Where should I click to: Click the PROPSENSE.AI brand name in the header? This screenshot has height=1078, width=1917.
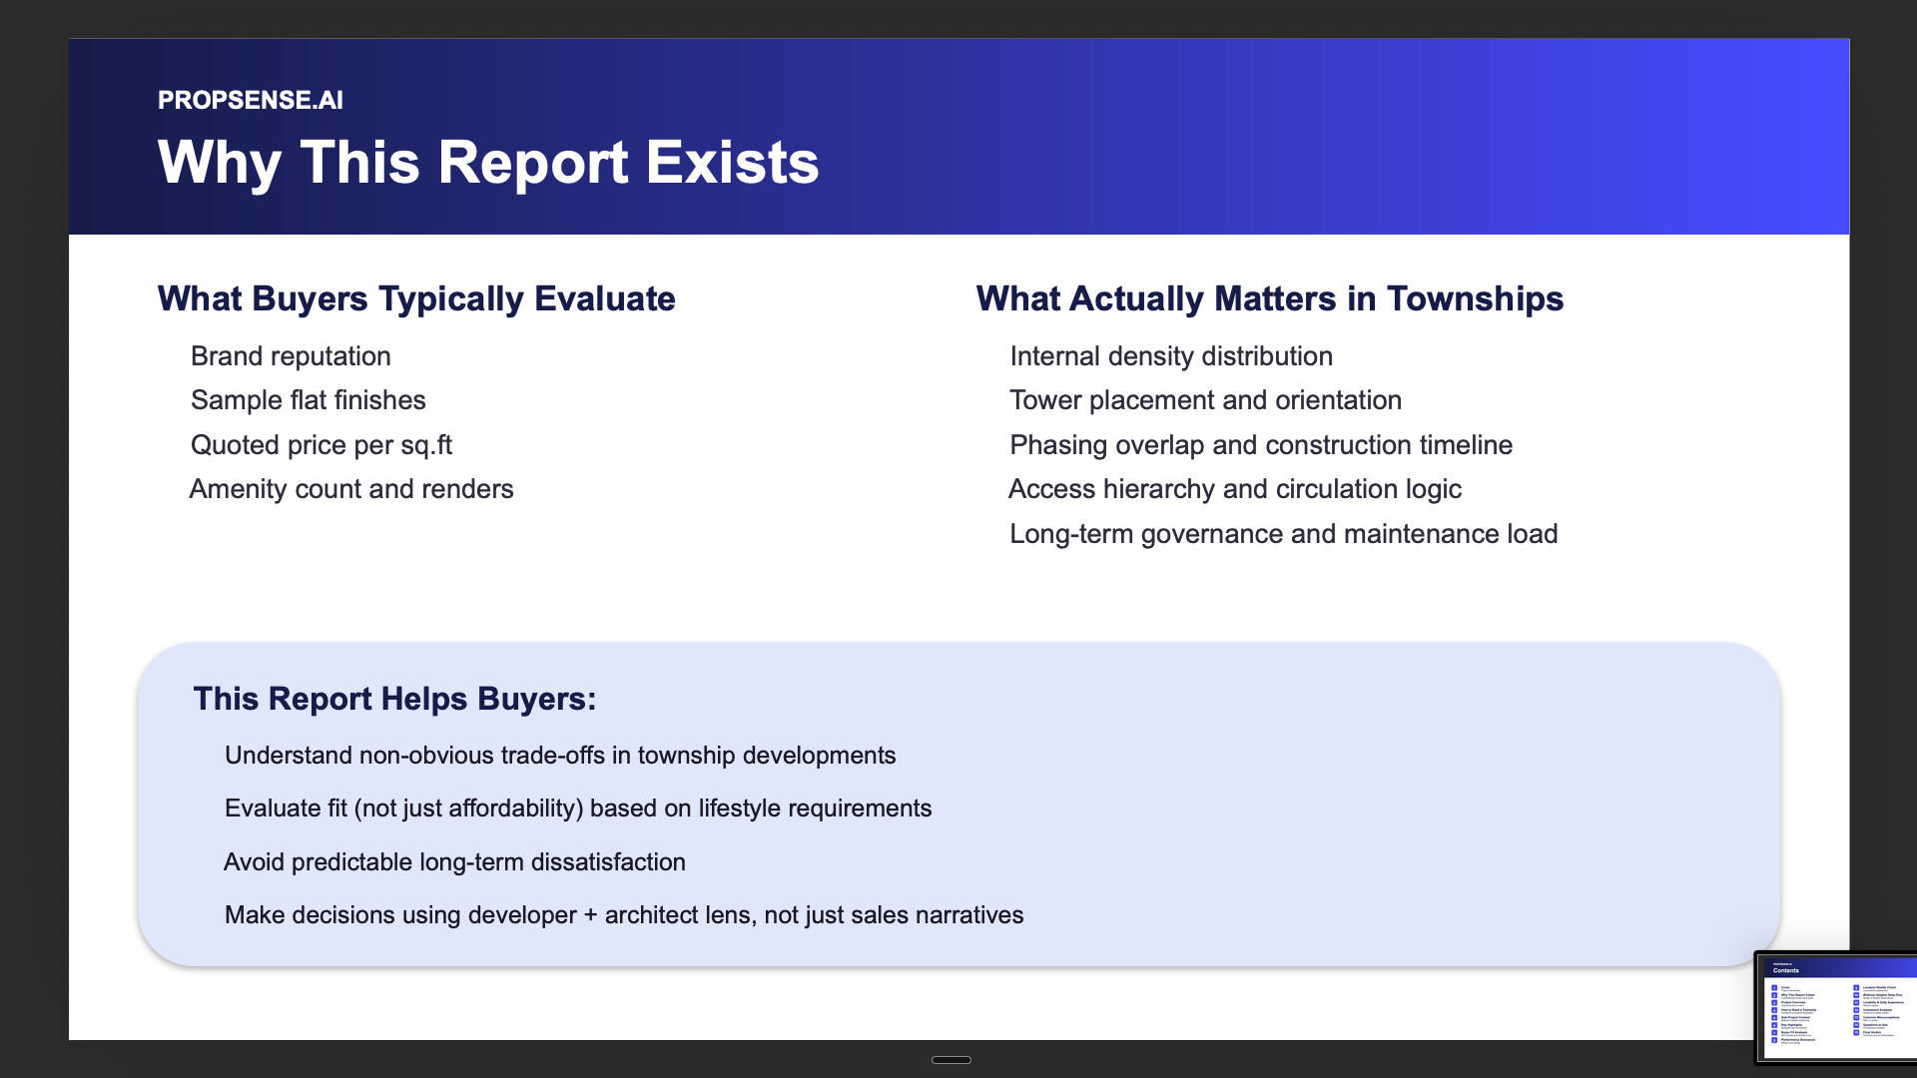[x=250, y=100]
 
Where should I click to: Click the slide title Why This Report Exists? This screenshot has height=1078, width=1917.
[x=487, y=163]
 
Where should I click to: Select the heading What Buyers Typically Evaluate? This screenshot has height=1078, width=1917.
[x=415, y=298]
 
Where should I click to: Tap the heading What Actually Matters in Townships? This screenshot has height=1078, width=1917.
[x=1269, y=298]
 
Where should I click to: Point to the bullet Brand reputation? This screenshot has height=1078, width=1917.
[x=291, y=356]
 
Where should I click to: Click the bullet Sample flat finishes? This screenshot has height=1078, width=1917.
[x=308, y=400]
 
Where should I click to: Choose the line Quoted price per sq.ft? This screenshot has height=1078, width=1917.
[x=320, y=445]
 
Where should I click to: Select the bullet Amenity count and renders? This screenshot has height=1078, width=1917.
[x=351, y=489]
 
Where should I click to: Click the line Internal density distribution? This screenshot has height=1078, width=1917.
[x=1170, y=356]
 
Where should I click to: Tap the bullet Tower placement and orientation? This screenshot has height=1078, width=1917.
[x=1205, y=400]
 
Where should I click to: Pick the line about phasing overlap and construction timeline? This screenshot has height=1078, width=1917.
[x=1260, y=445]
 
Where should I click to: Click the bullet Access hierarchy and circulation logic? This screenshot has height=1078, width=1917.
[x=1234, y=489]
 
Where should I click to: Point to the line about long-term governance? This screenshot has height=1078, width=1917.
[x=1283, y=534]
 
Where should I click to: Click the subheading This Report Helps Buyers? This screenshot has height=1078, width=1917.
[x=394, y=699]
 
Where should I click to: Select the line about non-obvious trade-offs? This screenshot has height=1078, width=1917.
[x=559, y=756]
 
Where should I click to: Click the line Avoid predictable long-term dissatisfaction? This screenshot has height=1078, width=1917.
[x=454, y=862]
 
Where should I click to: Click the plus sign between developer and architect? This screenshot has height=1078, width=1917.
[x=590, y=915]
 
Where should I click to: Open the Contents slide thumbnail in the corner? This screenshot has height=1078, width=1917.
[x=1837, y=1008]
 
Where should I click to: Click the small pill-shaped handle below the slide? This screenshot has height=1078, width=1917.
[x=951, y=1060]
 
